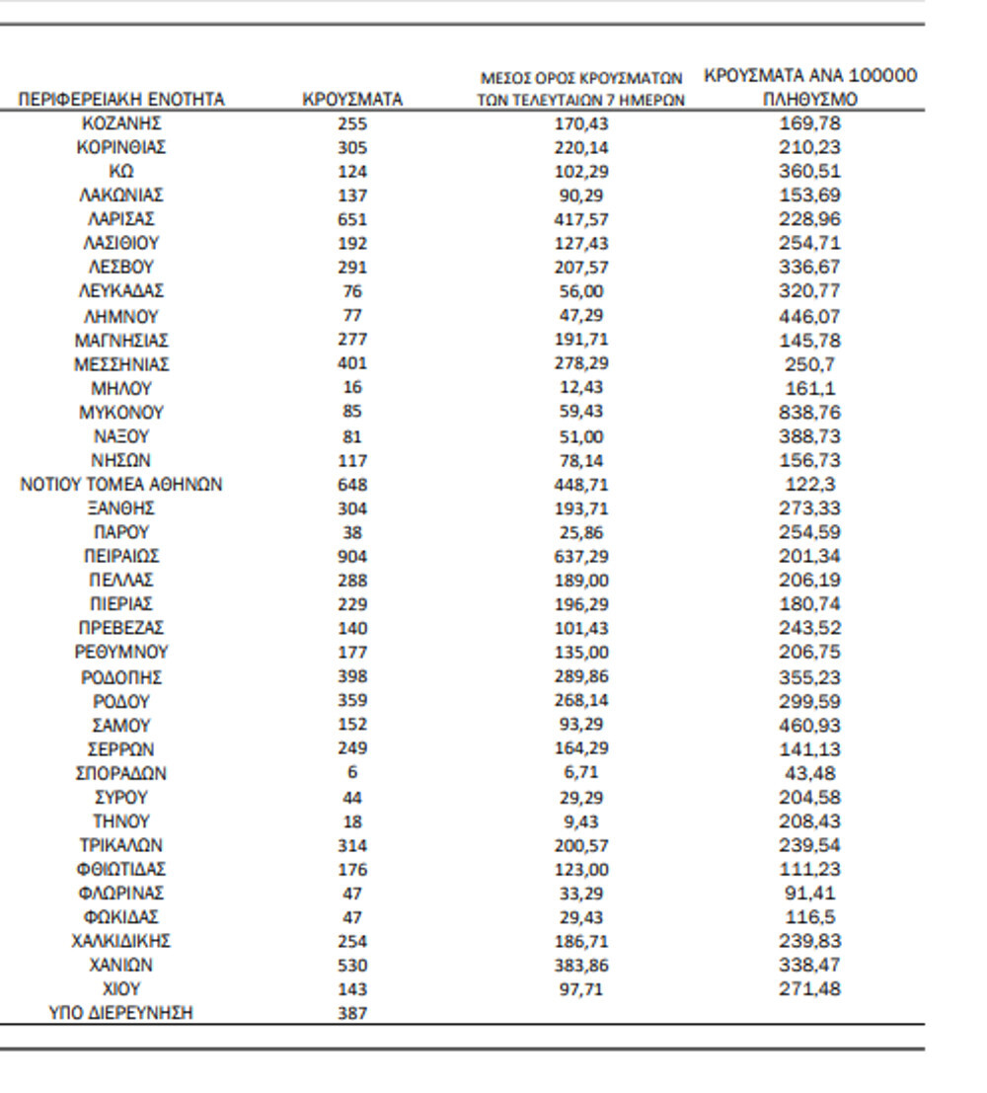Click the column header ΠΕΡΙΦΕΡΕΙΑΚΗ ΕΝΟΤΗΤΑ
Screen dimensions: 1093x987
(x=121, y=100)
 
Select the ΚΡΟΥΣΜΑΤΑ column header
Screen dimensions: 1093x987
(x=352, y=100)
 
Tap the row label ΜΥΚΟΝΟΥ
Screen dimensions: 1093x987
(x=121, y=412)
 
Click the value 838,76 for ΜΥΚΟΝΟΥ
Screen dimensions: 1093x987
(x=809, y=412)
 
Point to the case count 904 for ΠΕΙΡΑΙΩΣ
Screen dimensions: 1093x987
(x=352, y=556)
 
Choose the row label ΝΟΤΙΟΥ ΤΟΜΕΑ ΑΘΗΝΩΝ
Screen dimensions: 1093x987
(x=121, y=485)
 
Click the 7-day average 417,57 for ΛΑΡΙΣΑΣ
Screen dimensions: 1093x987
(x=581, y=219)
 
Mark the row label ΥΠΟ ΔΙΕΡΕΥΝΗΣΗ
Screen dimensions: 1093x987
(x=121, y=1013)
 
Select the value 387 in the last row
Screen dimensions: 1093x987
(x=352, y=1013)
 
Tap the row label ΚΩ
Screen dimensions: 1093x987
(x=121, y=172)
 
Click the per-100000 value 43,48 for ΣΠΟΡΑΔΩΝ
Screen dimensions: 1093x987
(x=809, y=773)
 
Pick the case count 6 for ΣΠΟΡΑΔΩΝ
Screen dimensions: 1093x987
(x=352, y=773)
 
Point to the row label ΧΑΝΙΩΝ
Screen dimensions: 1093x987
(x=121, y=965)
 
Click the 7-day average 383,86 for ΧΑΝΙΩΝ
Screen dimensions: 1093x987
(x=581, y=965)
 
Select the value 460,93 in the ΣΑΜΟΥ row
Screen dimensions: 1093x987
(x=809, y=725)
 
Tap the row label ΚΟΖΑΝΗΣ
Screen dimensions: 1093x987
(x=121, y=123)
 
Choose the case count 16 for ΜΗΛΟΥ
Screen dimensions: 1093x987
(x=352, y=388)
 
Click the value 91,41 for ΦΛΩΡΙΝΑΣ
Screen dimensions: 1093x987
(x=809, y=893)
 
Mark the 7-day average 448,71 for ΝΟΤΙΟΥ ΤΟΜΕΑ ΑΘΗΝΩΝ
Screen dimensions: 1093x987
(x=581, y=485)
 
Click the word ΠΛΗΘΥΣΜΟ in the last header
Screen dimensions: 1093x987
(x=809, y=100)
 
